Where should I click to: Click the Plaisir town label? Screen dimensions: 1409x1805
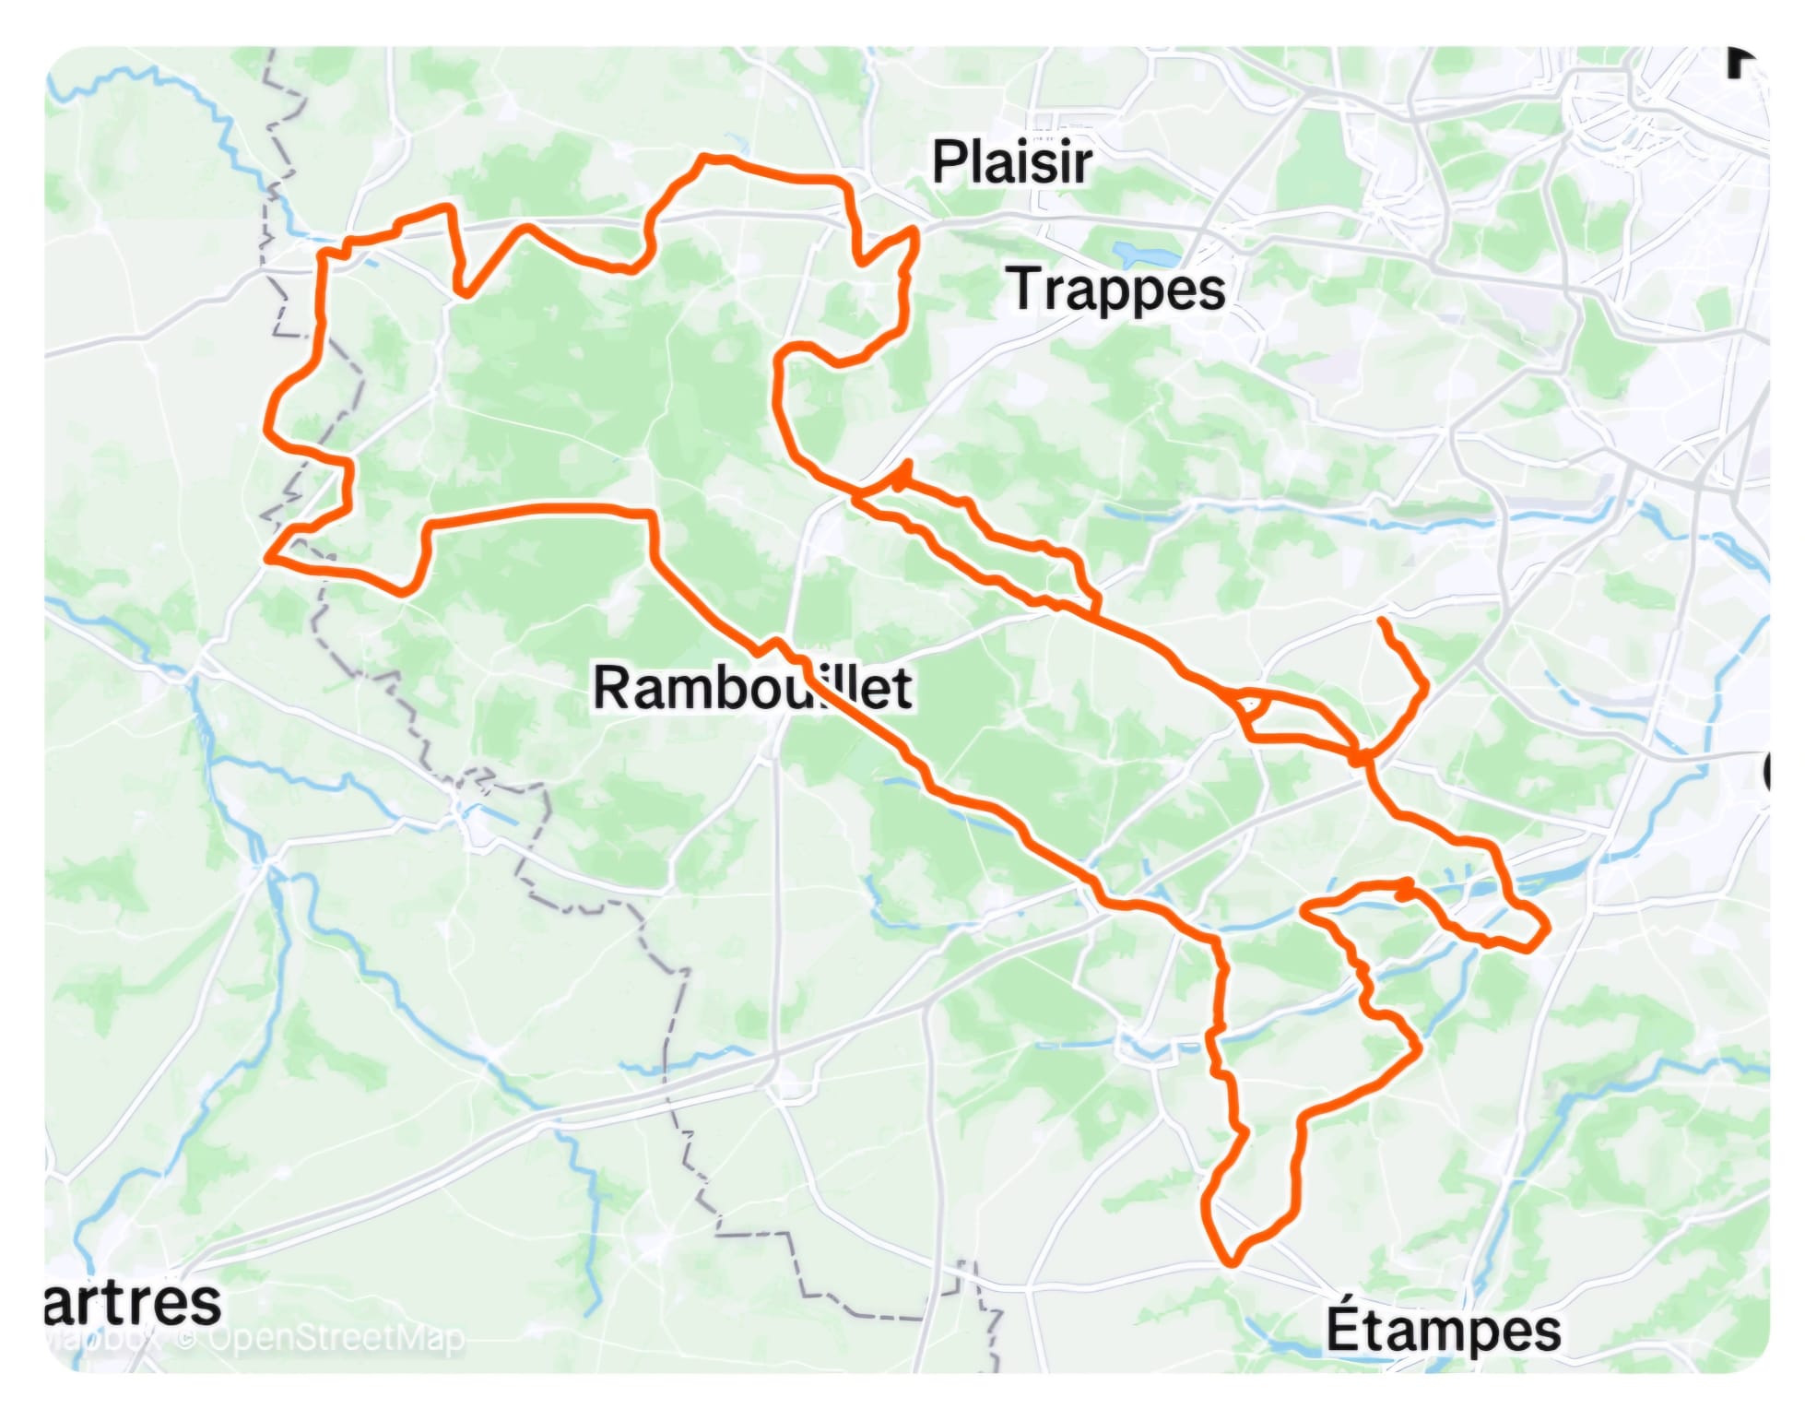pos(1011,163)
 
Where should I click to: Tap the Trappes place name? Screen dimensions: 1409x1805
pos(1118,290)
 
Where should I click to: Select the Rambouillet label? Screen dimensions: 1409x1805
pos(751,688)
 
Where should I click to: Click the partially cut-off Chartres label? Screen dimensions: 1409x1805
pos(134,1303)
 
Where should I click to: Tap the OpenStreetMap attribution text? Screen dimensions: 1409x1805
pos(336,1337)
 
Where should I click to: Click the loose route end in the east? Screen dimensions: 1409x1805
pos(1382,622)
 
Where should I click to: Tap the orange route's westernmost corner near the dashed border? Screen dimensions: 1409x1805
pos(268,558)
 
